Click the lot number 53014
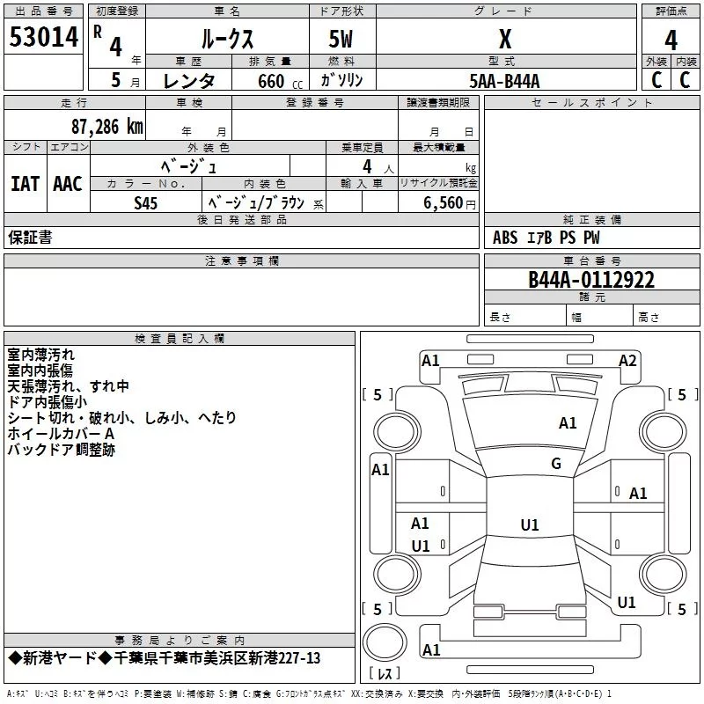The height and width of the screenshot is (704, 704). (43, 37)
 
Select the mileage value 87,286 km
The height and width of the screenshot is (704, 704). (107, 127)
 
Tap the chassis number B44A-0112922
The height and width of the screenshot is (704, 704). (591, 280)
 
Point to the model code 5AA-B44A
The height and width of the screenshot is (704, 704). (504, 81)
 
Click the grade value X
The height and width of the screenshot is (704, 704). (505, 39)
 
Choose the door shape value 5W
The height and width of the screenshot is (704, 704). (341, 39)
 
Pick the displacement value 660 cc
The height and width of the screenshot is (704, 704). (280, 82)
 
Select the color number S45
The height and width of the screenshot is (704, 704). (146, 203)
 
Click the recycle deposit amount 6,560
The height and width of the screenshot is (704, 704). (443, 203)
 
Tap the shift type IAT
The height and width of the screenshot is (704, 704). (26, 184)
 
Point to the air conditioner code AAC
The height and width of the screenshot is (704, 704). (68, 184)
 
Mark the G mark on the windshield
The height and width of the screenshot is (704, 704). (556, 464)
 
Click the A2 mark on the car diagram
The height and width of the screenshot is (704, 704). (627, 361)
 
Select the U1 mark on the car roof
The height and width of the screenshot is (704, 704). (530, 524)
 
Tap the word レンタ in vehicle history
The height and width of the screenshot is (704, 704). (189, 81)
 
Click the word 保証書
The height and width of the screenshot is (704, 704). (30, 237)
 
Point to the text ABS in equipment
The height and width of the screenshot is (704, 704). (505, 238)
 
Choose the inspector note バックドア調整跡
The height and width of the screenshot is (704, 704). (61, 450)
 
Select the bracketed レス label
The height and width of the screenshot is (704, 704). (385, 673)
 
